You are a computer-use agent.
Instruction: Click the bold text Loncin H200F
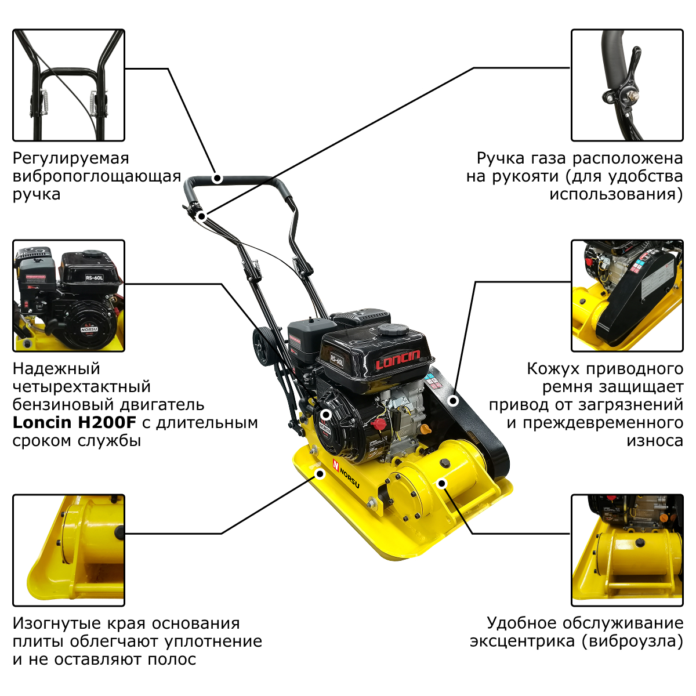click(x=74, y=422)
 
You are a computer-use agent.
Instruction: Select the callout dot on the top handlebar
click(x=217, y=179)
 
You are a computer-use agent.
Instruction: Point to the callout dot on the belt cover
click(x=454, y=401)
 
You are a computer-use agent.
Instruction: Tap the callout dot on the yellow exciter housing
click(x=442, y=483)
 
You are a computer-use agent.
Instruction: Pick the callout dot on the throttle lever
click(x=202, y=216)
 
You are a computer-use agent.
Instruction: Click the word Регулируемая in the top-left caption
click(x=71, y=159)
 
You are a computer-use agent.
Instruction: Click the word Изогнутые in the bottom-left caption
click(x=56, y=623)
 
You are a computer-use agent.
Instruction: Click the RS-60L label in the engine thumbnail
click(x=95, y=277)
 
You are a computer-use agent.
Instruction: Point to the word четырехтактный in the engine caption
click(x=82, y=387)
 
